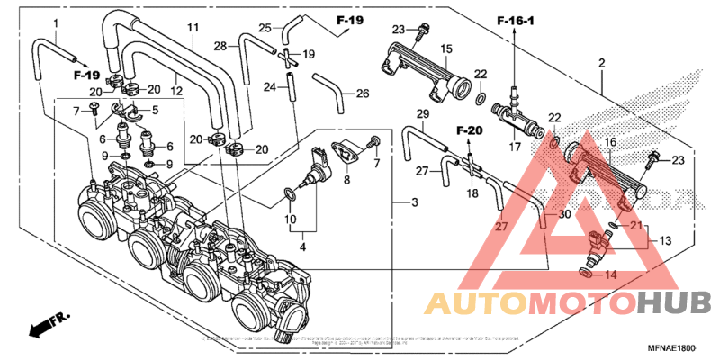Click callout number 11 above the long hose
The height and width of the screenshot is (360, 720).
tap(191, 29)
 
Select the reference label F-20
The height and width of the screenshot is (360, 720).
tap(469, 131)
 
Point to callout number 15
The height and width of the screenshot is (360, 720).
tap(445, 49)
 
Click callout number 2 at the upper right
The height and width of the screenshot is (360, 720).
tap(600, 64)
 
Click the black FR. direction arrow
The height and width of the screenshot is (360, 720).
tap(45, 326)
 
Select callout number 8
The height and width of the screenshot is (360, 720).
tap(346, 180)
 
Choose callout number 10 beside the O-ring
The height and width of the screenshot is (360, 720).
tap(292, 220)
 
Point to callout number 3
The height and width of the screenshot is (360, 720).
tap(414, 203)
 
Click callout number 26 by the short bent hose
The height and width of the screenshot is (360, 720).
tap(363, 93)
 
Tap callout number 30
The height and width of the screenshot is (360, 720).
tap(564, 215)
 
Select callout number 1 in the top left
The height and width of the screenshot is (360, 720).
tap(56, 22)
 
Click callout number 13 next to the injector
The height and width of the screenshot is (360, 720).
tap(666, 241)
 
